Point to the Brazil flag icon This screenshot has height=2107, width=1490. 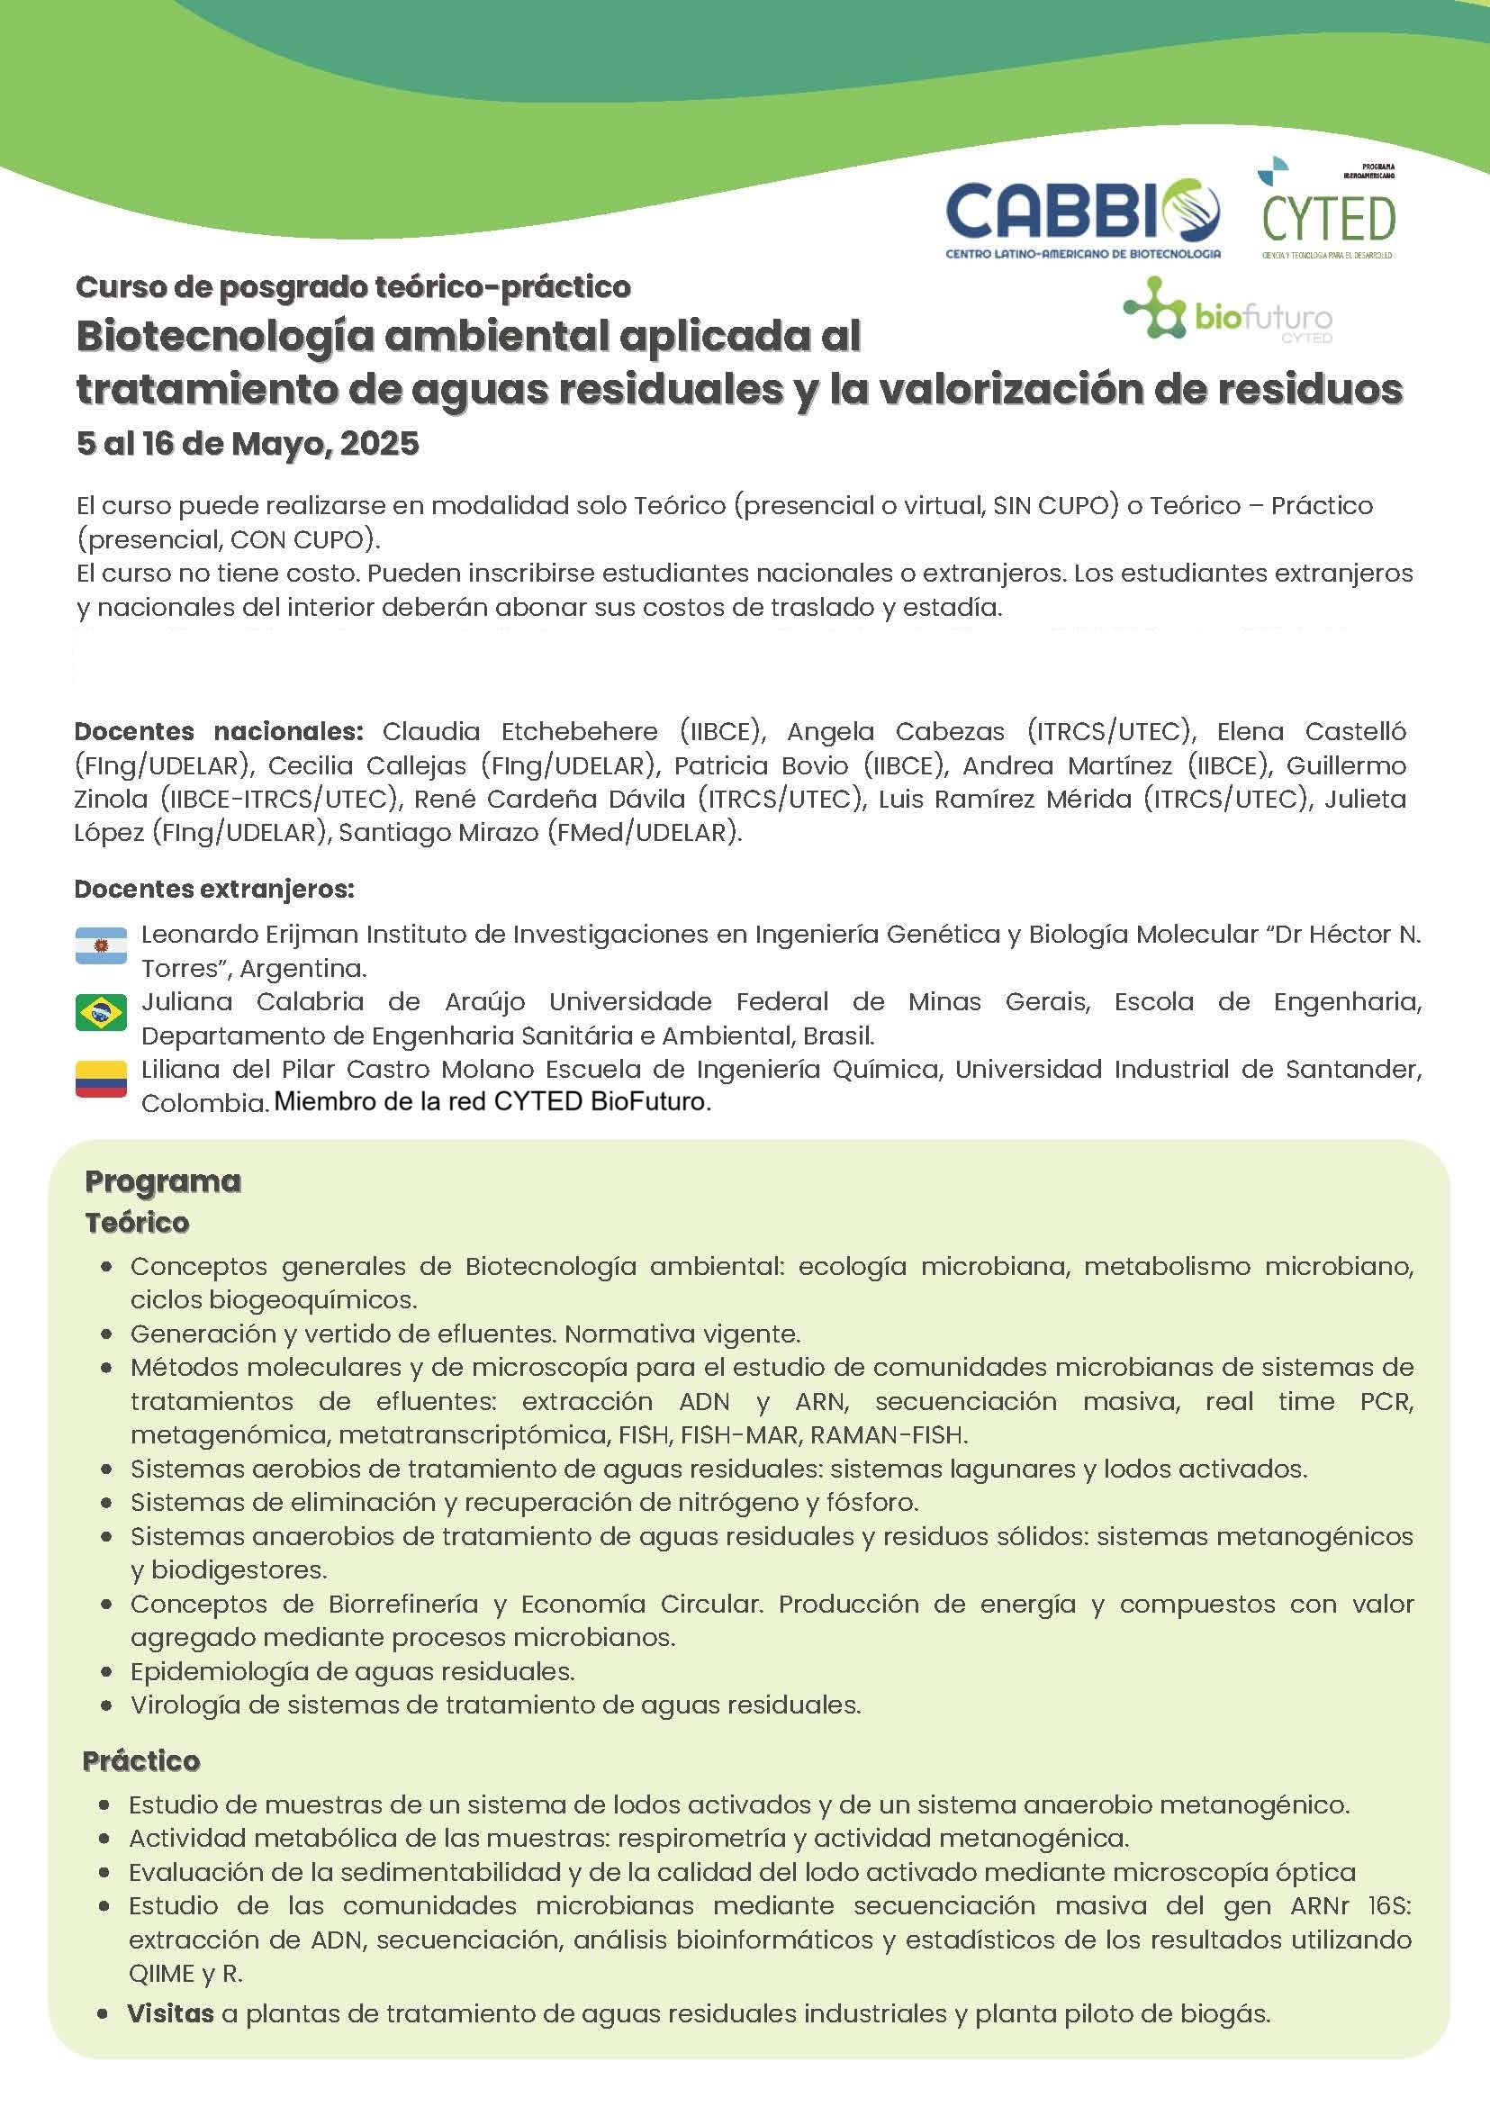click(101, 1013)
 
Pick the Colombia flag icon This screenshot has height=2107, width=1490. click(101, 1081)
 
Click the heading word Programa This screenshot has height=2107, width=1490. click(163, 1181)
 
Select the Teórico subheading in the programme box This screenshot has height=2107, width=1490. click(137, 1223)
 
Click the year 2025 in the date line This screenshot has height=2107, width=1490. click(379, 444)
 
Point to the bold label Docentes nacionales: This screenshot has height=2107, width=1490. click(219, 731)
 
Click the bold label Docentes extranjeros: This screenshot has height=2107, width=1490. click(213, 890)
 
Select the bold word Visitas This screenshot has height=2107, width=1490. click(170, 2013)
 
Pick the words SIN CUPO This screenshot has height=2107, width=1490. click(1052, 506)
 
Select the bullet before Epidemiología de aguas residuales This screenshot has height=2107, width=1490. click(108, 1673)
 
